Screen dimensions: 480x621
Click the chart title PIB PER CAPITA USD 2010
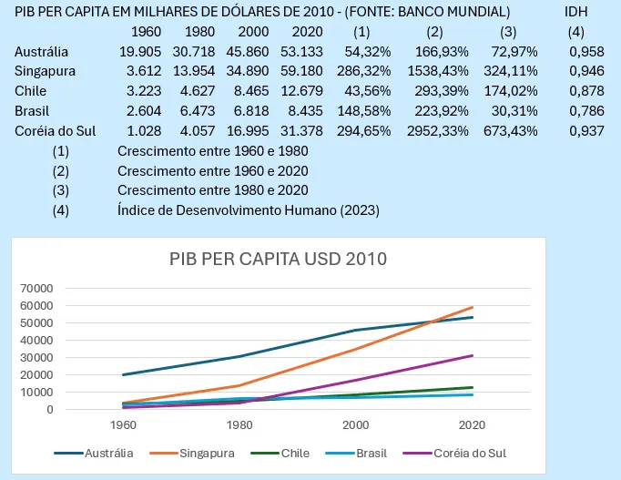pos(278,258)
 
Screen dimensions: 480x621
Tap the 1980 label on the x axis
pos(240,425)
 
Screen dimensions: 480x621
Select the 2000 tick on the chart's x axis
pos(356,425)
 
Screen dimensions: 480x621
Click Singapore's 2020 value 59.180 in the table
pos(326,71)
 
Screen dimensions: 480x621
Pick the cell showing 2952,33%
pos(441,130)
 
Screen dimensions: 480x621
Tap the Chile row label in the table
pos(30,91)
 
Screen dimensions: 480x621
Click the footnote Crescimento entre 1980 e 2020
pos(212,189)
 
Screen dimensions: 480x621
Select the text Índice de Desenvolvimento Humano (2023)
pos(249,209)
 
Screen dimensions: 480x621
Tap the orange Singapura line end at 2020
pos(472,307)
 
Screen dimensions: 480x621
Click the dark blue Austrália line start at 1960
pos(124,374)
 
